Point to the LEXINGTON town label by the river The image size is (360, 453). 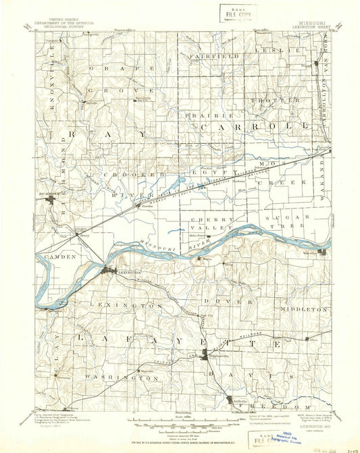click(x=126, y=273)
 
